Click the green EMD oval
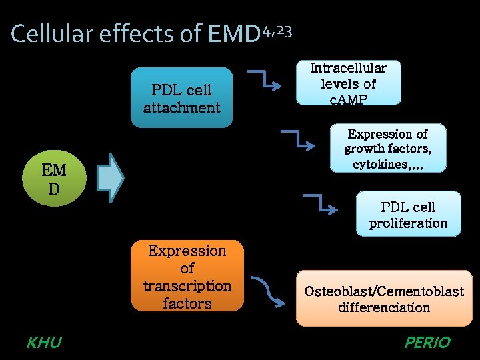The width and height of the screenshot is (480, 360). pos(53,179)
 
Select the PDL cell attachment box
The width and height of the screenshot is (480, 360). pos(181,97)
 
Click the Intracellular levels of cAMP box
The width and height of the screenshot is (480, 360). pos(348,83)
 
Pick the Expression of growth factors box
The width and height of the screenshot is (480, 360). pos(387,149)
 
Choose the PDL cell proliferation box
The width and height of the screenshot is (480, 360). pos(408,214)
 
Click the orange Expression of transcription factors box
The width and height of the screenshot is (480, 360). pos(187,276)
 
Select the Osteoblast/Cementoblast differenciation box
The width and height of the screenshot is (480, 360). pos(384,298)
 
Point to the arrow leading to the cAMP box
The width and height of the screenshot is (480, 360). pos(263,78)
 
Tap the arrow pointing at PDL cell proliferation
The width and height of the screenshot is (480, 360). pos(323,203)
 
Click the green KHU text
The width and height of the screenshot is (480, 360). pos(44,343)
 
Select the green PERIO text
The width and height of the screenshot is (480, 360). pos(427,343)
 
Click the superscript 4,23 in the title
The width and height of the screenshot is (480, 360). pos(277,31)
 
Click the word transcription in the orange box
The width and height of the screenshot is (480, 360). pos(187,285)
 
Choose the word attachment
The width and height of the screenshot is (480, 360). pos(181,107)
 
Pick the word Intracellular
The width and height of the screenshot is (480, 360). pos(348,68)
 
